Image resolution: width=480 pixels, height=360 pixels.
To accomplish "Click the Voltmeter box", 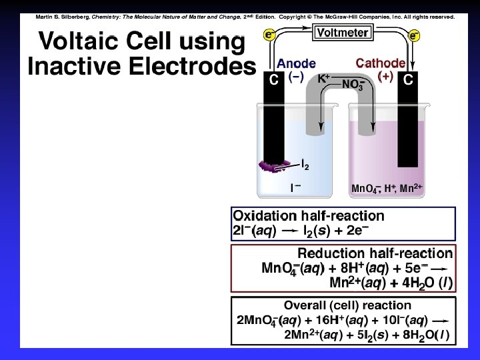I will tap(341, 31).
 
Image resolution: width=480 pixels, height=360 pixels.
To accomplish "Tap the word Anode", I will tap(297, 64).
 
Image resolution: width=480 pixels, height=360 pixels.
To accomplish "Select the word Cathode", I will tap(380, 63).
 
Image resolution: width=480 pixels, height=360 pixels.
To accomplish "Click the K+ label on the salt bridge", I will tap(323, 78).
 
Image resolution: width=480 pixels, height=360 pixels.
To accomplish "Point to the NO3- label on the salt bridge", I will tap(353, 84).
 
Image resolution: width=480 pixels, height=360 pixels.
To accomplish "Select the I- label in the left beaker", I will tap(295, 188).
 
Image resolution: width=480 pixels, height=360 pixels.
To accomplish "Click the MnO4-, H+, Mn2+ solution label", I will tap(387, 189).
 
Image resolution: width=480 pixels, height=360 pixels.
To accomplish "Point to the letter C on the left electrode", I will tap(273, 81).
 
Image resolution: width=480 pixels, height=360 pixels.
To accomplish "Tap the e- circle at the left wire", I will tap(270, 35).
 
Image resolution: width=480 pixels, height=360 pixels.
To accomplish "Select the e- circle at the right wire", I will tap(414, 35).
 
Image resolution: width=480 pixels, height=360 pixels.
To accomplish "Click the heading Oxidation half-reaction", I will tap(309, 216).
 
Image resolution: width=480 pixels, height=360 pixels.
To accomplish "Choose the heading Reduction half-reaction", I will tap(375, 253).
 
